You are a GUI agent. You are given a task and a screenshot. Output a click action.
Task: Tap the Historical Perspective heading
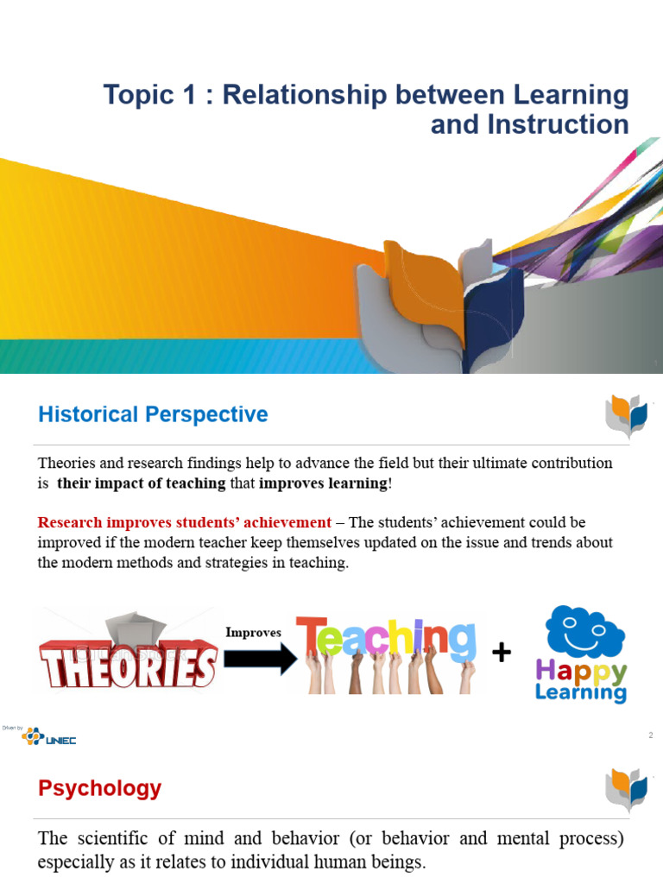[153, 414]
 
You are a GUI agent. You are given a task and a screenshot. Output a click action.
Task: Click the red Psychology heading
[99, 788]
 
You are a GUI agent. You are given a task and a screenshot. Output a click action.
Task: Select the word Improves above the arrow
[254, 632]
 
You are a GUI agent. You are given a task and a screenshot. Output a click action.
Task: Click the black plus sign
[502, 653]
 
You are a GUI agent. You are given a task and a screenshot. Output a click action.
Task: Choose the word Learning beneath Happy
[581, 692]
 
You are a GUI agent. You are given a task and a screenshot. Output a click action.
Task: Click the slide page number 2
[650, 736]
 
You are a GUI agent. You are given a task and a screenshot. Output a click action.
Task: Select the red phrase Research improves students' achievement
[184, 522]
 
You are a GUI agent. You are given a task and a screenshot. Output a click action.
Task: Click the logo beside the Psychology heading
[627, 790]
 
